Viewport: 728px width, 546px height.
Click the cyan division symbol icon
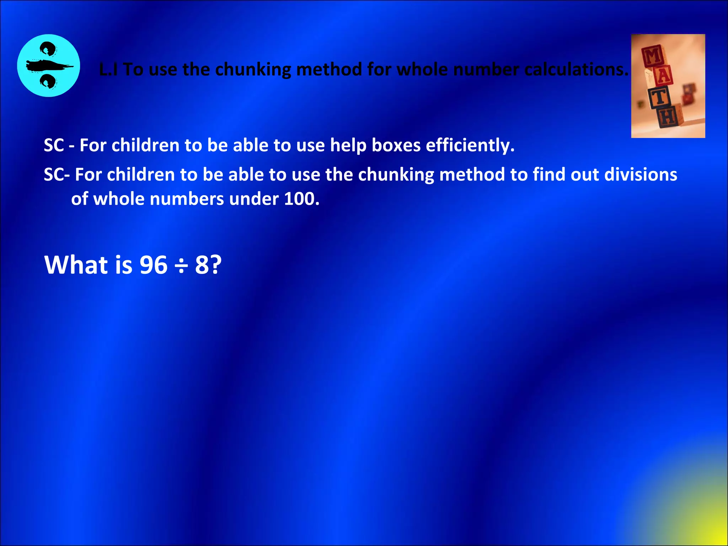tap(48, 66)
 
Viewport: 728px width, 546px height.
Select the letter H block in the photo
tap(668, 116)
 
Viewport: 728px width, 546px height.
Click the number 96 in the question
tap(153, 265)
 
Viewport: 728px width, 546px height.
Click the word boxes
tap(396, 146)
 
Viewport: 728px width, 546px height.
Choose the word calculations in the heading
tap(576, 70)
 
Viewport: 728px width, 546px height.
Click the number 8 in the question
tap(202, 265)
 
